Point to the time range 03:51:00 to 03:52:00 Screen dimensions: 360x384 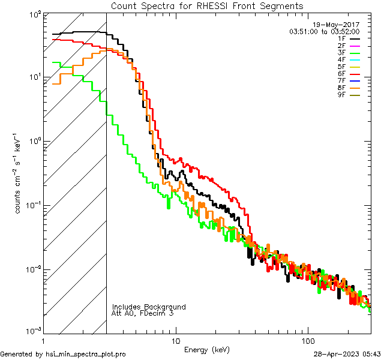[324, 31]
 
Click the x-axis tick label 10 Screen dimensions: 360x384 [175, 340]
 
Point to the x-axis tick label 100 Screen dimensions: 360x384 [307, 340]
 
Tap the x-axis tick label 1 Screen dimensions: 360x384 [43, 340]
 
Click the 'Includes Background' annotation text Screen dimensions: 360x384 [149, 307]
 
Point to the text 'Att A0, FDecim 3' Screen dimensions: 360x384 [143, 313]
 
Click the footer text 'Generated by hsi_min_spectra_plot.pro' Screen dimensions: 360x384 [63, 354]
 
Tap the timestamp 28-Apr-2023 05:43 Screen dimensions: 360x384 [346, 354]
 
